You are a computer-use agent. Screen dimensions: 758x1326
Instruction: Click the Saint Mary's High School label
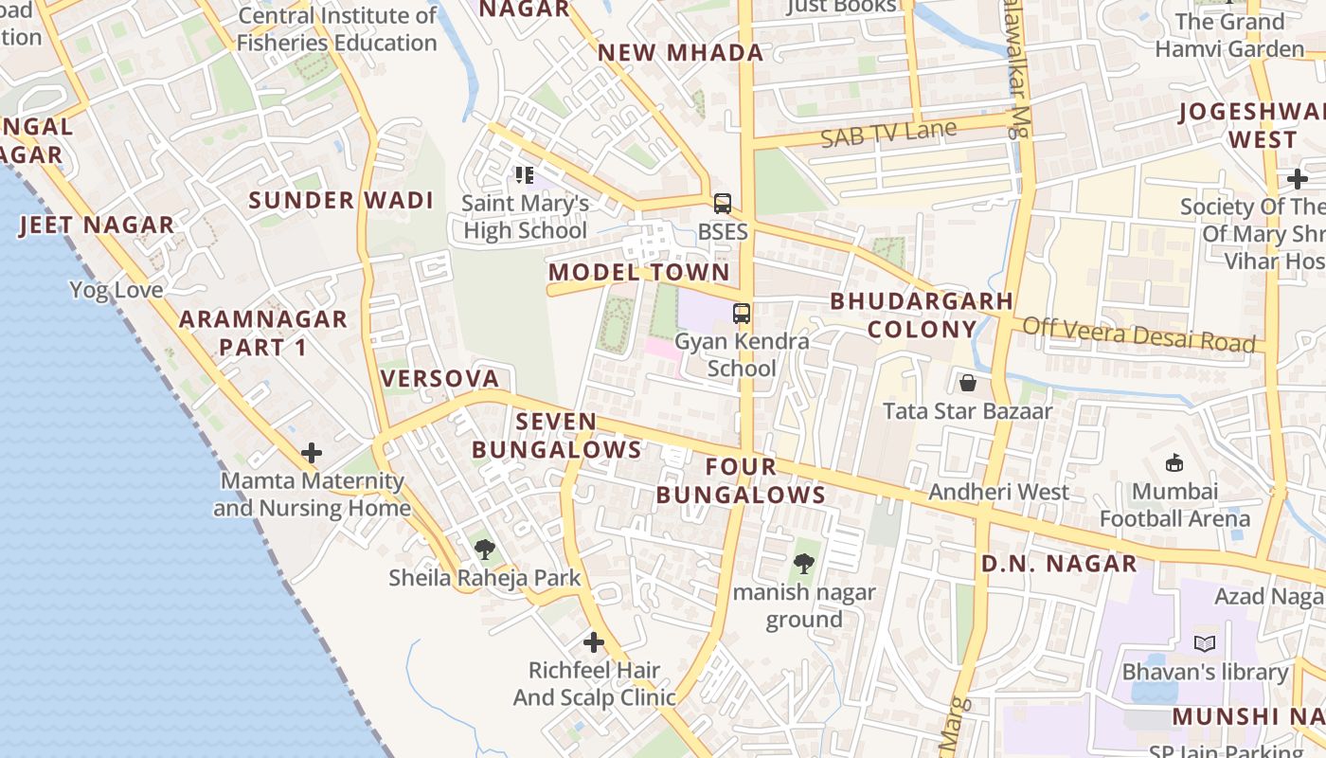(x=525, y=217)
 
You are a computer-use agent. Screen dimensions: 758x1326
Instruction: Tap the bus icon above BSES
(x=723, y=203)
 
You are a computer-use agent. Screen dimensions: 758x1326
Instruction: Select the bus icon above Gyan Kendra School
(x=742, y=313)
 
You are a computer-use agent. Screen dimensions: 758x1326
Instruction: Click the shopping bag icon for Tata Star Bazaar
(x=968, y=383)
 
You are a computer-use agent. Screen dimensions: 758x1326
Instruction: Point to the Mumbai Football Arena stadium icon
(x=1174, y=462)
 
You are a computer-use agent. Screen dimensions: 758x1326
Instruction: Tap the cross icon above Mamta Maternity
(x=312, y=453)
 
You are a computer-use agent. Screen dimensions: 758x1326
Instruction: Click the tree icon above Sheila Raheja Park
(x=485, y=548)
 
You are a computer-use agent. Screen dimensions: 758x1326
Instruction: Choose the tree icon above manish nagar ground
(x=804, y=564)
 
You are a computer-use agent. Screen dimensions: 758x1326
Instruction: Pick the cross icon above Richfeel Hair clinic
(x=594, y=642)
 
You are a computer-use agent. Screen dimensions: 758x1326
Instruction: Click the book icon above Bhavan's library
(x=1205, y=644)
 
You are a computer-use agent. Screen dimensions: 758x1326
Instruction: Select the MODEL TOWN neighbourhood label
(x=639, y=273)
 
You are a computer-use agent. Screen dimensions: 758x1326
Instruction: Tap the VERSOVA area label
(x=439, y=379)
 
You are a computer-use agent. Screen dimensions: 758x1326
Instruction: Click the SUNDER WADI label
(x=341, y=201)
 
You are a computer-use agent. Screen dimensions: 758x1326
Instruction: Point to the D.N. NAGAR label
(x=1059, y=564)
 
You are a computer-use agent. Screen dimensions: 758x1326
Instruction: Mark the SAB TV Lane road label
(x=888, y=134)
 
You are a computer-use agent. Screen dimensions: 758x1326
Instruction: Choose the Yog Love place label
(x=116, y=290)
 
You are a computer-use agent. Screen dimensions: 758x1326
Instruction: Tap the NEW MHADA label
(x=680, y=53)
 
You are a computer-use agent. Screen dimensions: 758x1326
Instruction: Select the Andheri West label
(x=998, y=492)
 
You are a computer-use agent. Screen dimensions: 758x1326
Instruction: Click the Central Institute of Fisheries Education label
(x=337, y=29)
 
